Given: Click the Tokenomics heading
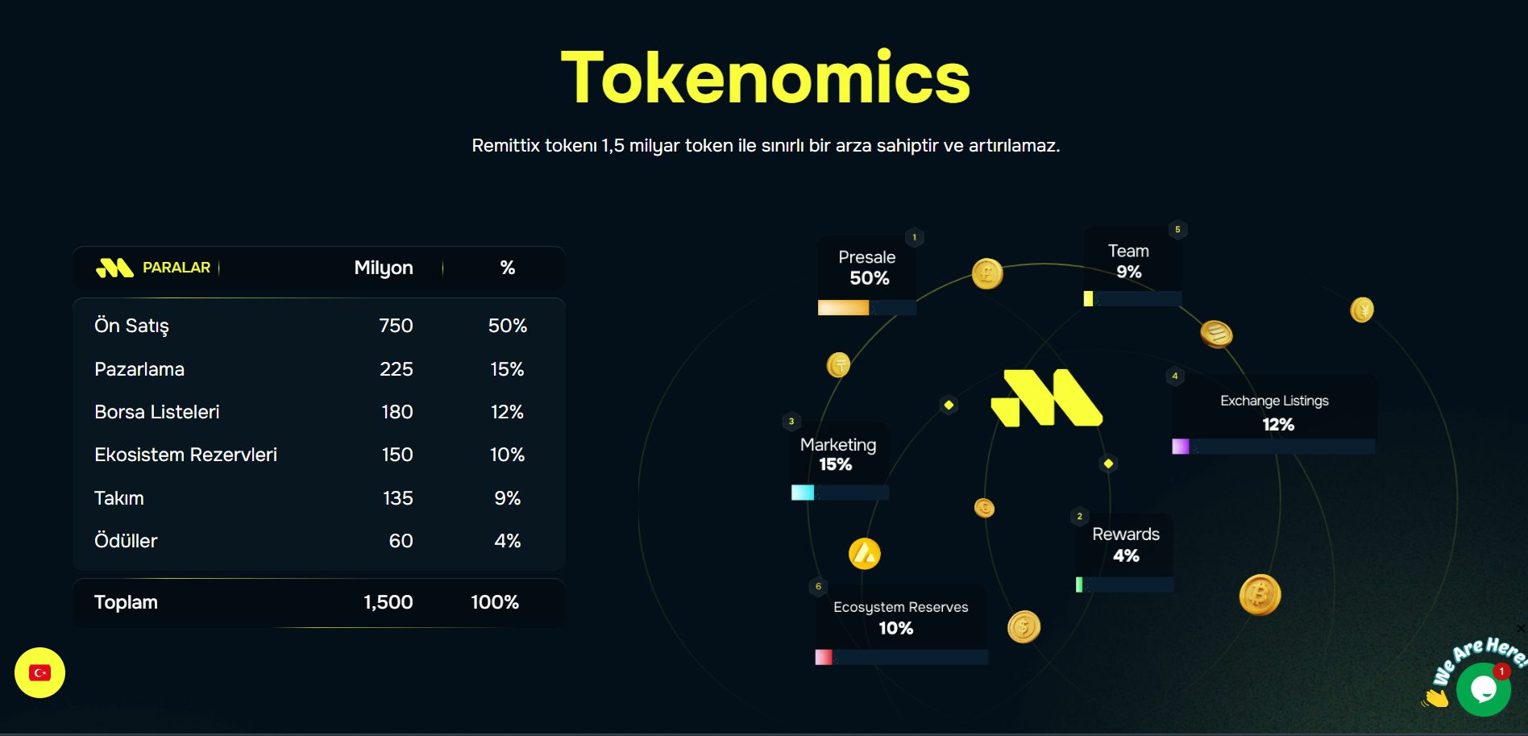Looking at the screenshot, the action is point(765,77).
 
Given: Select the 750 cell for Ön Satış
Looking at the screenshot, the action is point(396,326).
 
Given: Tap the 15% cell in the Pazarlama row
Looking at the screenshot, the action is point(507,369).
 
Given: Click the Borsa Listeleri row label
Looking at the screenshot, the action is point(157,412).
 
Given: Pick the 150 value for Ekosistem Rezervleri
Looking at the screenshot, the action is point(397,455).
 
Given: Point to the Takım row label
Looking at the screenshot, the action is point(119,498).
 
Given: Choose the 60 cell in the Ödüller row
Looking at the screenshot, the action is point(401,541).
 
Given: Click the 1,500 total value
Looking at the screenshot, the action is point(388,602).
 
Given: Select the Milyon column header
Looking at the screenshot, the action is point(384,268).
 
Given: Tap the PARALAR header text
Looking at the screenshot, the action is point(176,268).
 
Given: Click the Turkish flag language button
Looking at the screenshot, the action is point(39,673).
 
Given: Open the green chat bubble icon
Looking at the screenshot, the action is point(1484,689).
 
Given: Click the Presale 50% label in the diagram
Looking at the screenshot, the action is point(867,268).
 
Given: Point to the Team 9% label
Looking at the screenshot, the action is point(1128,261).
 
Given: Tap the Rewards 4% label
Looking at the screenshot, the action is point(1126,545).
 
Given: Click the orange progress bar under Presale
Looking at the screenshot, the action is point(843,308).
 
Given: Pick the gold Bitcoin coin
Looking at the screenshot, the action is point(1260,595).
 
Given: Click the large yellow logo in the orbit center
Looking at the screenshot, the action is point(1046,397).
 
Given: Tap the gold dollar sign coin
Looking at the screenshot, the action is point(1024,626).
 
